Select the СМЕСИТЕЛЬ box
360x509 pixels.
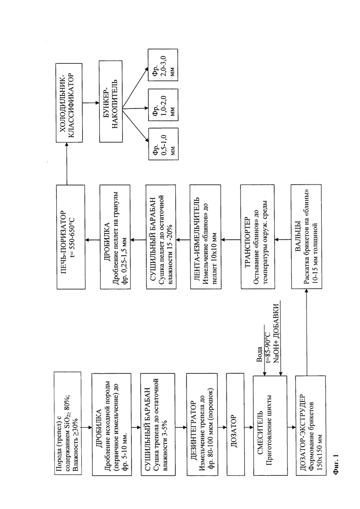270,426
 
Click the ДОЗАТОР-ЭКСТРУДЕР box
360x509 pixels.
310,426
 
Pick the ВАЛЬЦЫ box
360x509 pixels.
306,237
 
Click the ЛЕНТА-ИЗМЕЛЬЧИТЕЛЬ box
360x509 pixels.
206,237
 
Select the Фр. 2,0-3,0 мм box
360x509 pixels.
163,65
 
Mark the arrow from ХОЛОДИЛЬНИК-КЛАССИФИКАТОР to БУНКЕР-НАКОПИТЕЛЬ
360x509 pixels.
91,103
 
